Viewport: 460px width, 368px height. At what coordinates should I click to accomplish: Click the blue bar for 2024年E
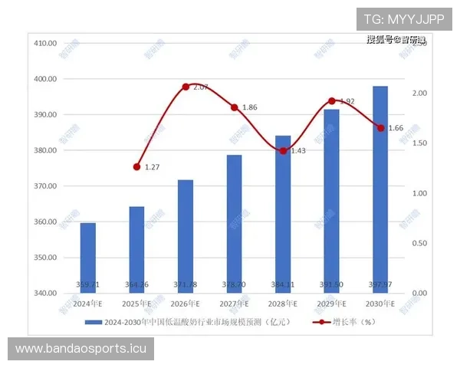pyautogui.click(x=88, y=258)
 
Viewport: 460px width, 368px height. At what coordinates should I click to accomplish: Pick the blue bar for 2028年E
pyautogui.click(x=283, y=214)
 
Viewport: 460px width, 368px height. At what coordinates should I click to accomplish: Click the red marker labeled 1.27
pyautogui.click(x=137, y=166)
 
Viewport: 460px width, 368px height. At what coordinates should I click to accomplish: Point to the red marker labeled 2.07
pyautogui.click(x=186, y=87)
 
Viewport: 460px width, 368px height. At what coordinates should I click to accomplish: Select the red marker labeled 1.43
pyautogui.click(x=283, y=151)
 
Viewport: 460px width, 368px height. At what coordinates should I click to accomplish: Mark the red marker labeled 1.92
pyautogui.click(x=331, y=101)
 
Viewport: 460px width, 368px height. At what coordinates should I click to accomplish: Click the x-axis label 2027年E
pyautogui.click(x=235, y=304)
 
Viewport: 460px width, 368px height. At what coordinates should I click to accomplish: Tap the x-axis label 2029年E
pyautogui.click(x=331, y=304)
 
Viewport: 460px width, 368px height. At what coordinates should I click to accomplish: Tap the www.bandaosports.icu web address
pyautogui.click(x=82, y=349)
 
